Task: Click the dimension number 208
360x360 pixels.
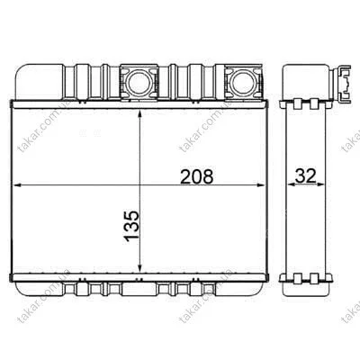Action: (x=197, y=176)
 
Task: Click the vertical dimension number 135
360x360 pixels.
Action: (x=131, y=227)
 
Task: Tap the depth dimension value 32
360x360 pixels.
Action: (x=306, y=175)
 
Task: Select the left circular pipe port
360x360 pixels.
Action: (x=139, y=83)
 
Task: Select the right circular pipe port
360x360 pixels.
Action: (x=244, y=83)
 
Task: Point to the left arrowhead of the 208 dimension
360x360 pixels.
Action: (x=17, y=185)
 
